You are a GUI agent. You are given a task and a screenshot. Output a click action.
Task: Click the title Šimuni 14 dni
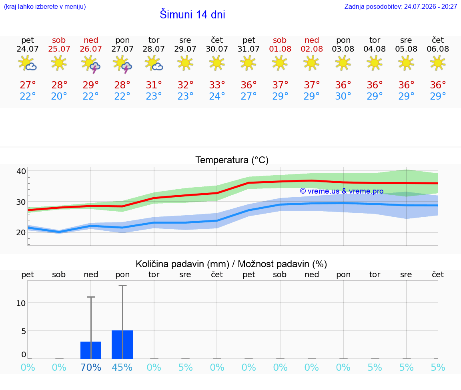[192, 14]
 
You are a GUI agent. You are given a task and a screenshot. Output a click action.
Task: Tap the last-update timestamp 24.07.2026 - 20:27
[431, 6]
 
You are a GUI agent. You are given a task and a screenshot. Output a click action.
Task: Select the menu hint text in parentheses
[45, 6]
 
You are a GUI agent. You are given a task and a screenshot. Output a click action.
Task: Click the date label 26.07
[91, 49]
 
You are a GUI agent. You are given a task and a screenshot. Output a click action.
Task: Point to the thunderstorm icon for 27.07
[122, 64]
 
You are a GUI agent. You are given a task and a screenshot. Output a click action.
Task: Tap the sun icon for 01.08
[280, 63]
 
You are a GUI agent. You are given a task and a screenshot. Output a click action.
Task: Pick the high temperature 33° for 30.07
[217, 85]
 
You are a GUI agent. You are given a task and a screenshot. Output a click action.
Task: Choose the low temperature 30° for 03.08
[343, 96]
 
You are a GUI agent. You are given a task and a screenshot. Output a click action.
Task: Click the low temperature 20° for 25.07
[59, 96]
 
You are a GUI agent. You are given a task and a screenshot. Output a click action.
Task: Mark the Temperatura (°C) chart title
[232, 160]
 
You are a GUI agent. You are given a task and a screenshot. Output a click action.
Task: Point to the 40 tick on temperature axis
[21, 171]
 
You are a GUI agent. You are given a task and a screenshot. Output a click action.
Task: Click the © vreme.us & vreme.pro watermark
[342, 191]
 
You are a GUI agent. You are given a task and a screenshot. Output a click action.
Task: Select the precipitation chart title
[231, 264]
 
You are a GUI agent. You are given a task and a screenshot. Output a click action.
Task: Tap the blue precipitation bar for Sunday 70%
[91, 350]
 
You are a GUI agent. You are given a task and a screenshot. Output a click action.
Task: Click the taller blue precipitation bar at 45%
[122, 344]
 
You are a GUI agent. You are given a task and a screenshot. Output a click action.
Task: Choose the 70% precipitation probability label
[90, 367]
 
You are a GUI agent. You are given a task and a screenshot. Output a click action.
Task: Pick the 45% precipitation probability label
[122, 367]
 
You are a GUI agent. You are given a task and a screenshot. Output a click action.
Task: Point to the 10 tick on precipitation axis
[21, 303]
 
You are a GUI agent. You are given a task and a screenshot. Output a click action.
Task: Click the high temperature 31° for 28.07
[154, 85]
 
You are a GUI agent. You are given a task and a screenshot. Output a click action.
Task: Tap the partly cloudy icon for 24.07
[27, 63]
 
